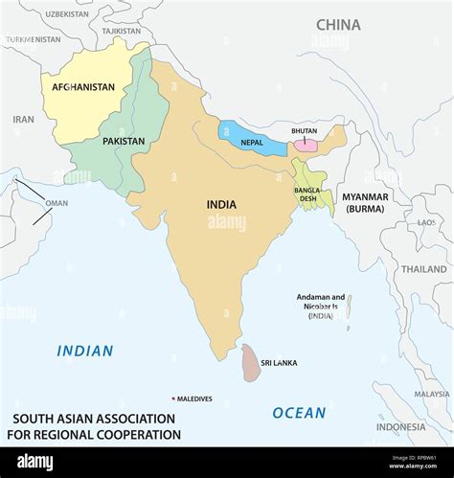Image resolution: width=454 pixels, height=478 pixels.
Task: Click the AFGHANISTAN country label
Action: tap(78, 87)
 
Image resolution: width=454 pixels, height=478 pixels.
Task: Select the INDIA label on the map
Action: tap(221, 203)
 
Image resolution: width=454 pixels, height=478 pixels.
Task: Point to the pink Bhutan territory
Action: tap(306, 145)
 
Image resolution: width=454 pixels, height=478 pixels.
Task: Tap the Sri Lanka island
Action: tap(251, 364)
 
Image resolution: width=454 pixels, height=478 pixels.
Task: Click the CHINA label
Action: tap(338, 24)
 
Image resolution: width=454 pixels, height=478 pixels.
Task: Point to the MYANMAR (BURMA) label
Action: tap(366, 202)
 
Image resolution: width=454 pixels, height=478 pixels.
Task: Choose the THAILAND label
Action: tap(423, 269)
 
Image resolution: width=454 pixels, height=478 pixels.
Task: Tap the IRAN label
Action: tap(23, 120)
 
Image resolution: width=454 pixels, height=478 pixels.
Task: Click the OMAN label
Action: tap(57, 203)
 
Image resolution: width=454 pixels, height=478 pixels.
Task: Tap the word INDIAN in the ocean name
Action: tap(84, 352)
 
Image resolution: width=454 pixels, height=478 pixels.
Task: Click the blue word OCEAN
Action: tap(299, 413)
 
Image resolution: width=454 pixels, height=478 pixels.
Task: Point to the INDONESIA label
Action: tap(400, 426)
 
